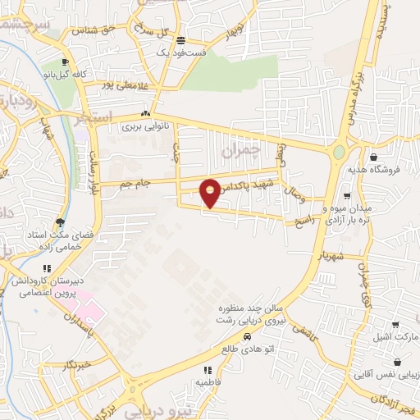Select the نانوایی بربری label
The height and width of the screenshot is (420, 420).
point(144,127)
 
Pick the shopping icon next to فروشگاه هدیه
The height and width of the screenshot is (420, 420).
point(373,157)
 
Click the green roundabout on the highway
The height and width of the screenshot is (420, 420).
point(339,153)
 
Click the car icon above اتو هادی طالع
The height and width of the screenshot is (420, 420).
point(247,337)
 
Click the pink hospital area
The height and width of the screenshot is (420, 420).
point(95,308)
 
